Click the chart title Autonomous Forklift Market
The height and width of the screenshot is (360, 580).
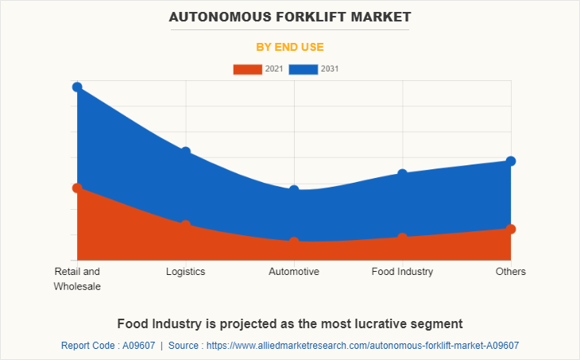coord(290,16)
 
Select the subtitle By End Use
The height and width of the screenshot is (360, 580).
coord(290,47)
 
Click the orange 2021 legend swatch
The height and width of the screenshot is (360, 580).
coord(247,69)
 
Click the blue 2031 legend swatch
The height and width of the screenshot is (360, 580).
coord(303,69)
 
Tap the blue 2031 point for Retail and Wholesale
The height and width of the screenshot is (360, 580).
coord(77,87)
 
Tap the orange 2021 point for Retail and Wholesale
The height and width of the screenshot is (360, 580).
coord(77,188)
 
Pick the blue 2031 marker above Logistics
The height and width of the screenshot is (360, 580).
coord(186,152)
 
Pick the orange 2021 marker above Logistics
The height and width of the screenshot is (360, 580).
coord(186,225)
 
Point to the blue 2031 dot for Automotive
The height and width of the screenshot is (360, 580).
coord(294,190)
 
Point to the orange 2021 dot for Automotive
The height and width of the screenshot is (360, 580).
coord(294,242)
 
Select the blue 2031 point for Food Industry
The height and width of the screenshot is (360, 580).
coord(403,174)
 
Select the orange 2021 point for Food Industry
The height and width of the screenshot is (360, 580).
coord(403,238)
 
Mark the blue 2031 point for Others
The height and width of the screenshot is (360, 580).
coord(511,161)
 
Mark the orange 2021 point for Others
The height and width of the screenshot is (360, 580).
coord(511,229)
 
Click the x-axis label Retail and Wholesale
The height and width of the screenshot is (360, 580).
coord(77,279)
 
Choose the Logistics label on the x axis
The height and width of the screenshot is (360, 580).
coord(186,272)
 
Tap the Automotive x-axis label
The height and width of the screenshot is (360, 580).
coord(294,272)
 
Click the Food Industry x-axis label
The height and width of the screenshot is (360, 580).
coord(403,272)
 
